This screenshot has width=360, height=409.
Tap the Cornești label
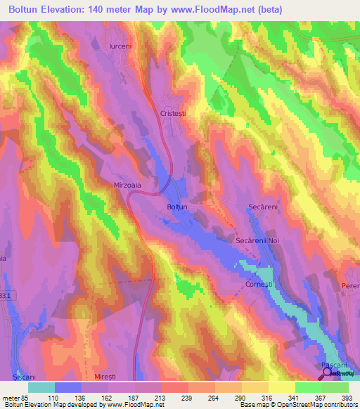(262, 285)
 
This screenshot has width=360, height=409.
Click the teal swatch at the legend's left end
(41, 387)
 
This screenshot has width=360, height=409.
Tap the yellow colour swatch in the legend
(281, 387)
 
